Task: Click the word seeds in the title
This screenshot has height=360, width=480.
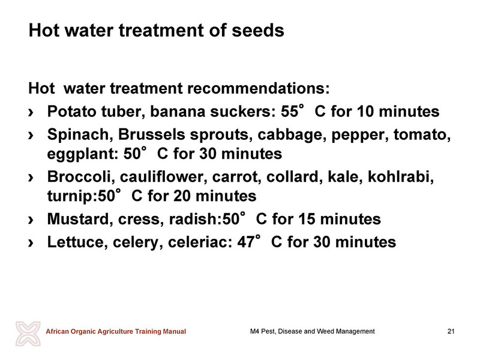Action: pos(258,31)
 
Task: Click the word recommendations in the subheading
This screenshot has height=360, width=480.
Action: pos(258,88)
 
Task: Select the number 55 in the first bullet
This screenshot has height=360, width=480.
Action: pos(289,111)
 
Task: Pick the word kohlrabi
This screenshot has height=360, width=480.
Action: pos(401,176)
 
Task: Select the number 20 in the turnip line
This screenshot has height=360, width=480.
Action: pos(182,196)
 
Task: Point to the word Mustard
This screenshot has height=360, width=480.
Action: pos(80,219)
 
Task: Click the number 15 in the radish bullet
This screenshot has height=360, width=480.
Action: pos(307,219)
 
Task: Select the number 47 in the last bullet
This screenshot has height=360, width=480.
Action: pos(246,242)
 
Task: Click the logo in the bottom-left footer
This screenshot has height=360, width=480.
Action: pos(28,334)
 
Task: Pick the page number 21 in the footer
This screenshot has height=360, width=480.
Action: pos(451,331)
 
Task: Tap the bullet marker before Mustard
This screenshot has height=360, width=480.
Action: pos(31,220)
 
